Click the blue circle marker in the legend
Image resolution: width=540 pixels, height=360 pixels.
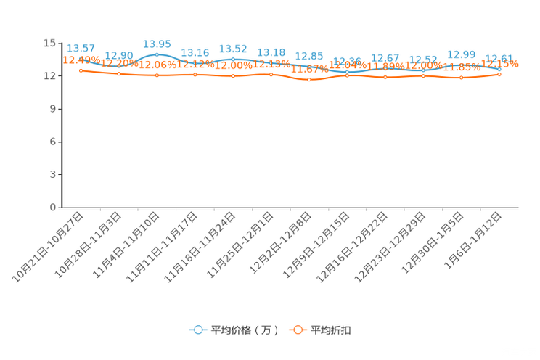pyautogui.click(x=197, y=330)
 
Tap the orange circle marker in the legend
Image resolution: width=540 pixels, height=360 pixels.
pyautogui.click(x=298, y=330)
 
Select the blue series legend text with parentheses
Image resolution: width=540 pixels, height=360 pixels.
pyautogui.click(x=245, y=330)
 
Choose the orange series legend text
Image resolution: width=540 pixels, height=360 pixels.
pyautogui.click(x=332, y=330)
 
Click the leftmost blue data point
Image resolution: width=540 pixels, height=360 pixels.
pyautogui.click(x=81, y=58)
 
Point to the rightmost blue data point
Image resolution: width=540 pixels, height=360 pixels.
pyautogui.click(x=499, y=68)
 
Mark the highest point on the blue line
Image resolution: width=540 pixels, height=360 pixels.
pyautogui.click(x=157, y=54)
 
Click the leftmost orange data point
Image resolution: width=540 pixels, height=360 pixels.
pyautogui.click(x=81, y=70)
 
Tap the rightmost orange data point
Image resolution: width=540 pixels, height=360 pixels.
pyautogui.click(x=499, y=74)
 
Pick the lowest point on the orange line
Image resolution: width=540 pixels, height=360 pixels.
pyautogui.click(x=309, y=79)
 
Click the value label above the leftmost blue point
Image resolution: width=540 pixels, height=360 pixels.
pyautogui.click(x=81, y=48)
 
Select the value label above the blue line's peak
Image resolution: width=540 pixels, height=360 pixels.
pyautogui.click(x=157, y=44)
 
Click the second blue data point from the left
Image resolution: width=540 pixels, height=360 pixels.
pyautogui.click(x=119, y=65)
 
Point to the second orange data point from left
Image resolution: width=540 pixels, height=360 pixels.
pyautogui.click(x=119, y=74)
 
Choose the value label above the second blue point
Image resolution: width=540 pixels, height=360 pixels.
pyautogui.click(x=119, y=55)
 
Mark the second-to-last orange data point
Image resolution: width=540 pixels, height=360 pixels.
pyautogui.click(x=461, y=77)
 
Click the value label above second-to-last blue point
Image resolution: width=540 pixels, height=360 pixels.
pyautogui.click(x=461, y=54)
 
